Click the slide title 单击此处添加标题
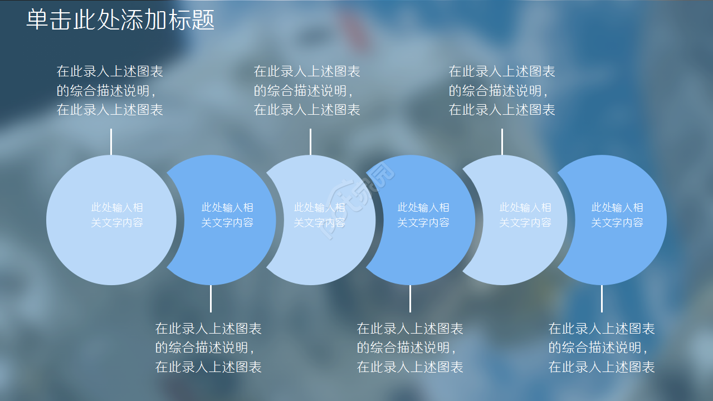[x=120, y=20]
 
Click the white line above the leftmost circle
[x=111, y=141]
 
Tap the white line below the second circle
[x=211, y=299]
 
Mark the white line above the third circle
[x=310, y=141]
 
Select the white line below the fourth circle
[x=410, y=299]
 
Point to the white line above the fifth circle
[x=502, y=141]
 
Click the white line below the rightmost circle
[x=602, y=299]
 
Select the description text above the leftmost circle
[x=110, y=90]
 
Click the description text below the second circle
[x=208, y=348]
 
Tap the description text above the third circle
[x=307, y=90]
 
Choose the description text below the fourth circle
[x=410, y=348]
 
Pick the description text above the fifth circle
[x=502, y=90]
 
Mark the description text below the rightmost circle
[x=602, y=348]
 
